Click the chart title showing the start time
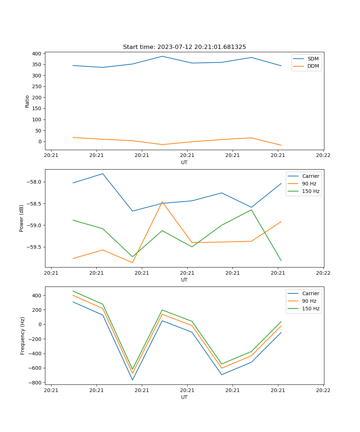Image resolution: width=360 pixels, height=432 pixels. tap(184, 47)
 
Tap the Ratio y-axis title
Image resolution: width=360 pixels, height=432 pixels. tap(27, 101)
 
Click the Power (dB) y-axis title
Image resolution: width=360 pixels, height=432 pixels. tap(22, 218)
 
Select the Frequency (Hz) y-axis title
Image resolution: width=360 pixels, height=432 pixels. tap(22, 336)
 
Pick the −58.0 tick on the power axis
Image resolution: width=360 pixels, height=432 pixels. tap(34, 182)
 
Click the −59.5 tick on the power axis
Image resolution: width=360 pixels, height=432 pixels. tap(34, 247)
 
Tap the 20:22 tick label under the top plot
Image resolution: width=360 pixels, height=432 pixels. tap(323, 156)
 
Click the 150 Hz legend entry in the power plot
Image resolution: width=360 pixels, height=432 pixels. tap(311, 191)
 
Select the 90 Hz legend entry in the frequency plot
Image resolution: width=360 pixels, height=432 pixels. tap(309, 301)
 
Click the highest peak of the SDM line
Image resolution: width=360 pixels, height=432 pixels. tap(162, 56)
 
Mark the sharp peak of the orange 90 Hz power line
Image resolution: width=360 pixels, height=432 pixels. tap(162, 202)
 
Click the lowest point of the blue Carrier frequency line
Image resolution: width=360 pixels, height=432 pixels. tap(132, 380)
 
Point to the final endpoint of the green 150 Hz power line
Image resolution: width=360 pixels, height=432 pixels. tap(281, 260)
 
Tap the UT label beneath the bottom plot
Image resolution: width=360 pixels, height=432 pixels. tap(184, 397)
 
